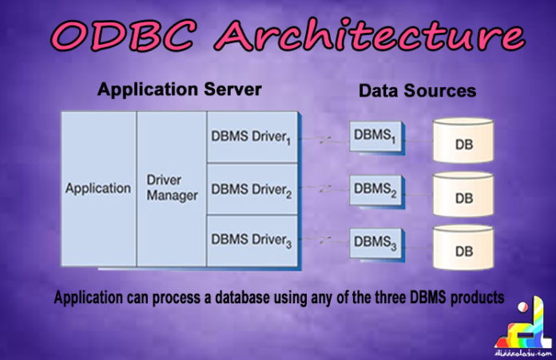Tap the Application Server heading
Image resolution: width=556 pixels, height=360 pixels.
tap(179, 89)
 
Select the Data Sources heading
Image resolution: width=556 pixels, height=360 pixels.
tap(417, 91)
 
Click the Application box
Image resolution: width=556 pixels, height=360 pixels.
tap(98, 189)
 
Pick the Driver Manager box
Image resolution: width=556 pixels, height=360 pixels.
tap(172, 188)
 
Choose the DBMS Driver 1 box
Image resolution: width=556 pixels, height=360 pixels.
tap(250, 137)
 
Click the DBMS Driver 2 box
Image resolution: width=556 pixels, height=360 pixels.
tap(250, 190)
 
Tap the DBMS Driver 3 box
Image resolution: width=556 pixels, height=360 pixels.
tap(250, 240)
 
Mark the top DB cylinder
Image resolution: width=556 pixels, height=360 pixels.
tap(463, 141)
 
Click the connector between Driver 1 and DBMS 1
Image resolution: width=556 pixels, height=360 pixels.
tap(322, 140)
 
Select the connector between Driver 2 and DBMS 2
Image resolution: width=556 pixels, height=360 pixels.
tap(322, 190)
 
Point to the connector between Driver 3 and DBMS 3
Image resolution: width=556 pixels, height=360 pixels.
tap(322, 240)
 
